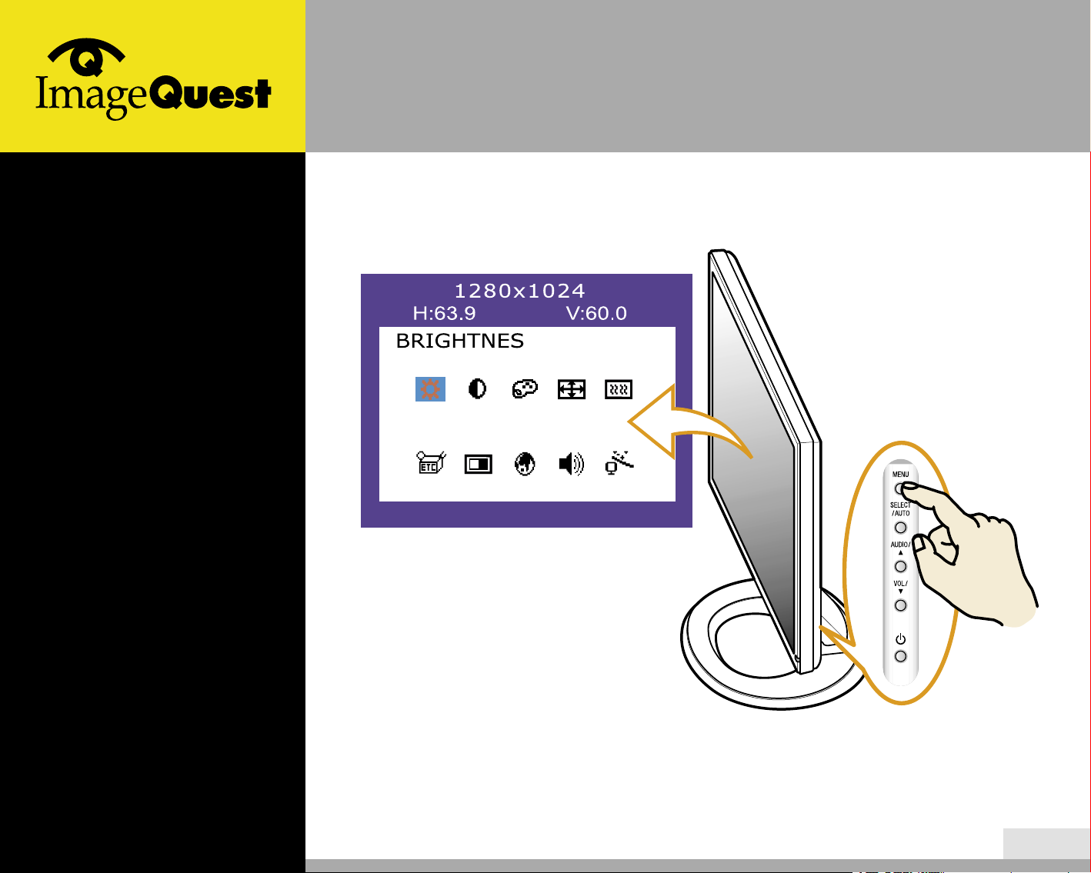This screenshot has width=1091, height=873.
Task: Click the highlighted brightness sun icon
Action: click(x=430, y=389)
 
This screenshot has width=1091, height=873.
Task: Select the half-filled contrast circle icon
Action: click(x=477, y=389)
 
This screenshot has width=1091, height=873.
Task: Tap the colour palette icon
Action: click(x=525, y=389)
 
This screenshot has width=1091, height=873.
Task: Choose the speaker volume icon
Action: click(x=572, y=464)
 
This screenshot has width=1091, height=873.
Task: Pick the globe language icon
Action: click(x=525, y=464)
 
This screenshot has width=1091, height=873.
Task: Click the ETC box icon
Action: click(x=431, y=462)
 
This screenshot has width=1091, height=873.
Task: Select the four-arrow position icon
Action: click(x=572, y=389)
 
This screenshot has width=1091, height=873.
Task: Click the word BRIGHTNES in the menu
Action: click(x=460, y=342)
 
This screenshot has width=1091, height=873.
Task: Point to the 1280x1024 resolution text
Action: click(x=520, y=291)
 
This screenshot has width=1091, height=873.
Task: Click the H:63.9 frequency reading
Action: click(x=444, y=313)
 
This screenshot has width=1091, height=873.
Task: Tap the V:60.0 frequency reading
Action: click(x=596, y=313)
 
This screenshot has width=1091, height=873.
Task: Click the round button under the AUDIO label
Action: click(x=900, y=566)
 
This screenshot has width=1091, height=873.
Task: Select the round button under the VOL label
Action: click(x=900, y=605)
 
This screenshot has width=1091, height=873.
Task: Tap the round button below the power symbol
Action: click(x=900, y=657)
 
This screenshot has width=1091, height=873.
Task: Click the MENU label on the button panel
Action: click(x=900, y=475)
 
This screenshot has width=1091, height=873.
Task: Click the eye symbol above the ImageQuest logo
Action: click(x=86, y=57)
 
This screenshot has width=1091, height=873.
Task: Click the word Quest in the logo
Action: click(x=211, y=93)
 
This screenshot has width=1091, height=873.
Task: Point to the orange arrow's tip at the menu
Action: click(x=629, y=421)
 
